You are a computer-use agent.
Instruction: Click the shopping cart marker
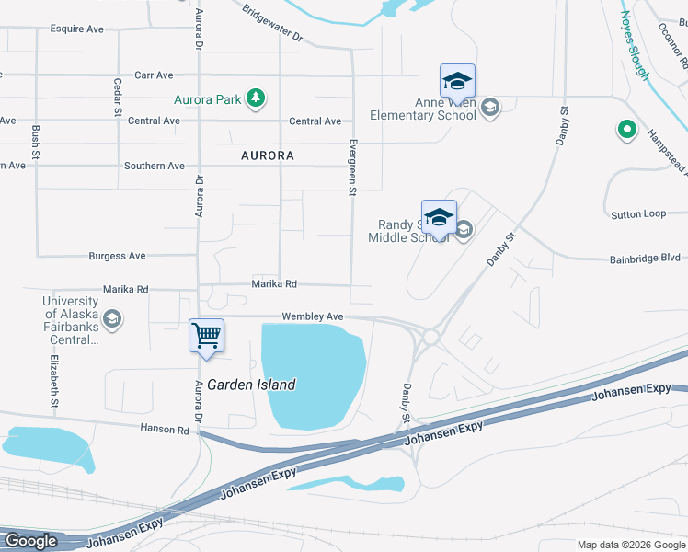(x=207, y=335)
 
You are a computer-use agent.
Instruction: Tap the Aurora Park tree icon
(x=257, y=98)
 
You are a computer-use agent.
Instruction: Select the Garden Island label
(x=251, y=385)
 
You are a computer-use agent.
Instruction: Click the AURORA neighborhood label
(x=268, y=155)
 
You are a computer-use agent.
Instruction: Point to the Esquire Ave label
(x=77, y=29)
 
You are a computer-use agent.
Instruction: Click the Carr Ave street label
(x=154, y=75)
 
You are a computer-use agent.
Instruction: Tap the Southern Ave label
(x=155, y=167)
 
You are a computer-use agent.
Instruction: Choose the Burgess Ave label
(x=117, y=256)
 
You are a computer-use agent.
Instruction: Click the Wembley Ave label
(x=313, y=316)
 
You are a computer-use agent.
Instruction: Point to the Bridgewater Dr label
(x=272, y=23)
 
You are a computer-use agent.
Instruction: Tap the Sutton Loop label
(x=638, y=214)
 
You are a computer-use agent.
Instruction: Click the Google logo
(x=30, y=541)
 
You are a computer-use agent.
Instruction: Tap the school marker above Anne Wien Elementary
(x=457, y=81)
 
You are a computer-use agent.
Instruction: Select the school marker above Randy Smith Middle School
(x=439, y=217)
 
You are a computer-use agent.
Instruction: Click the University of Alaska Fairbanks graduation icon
(x=112, y=319)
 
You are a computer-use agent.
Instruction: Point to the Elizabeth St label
(x=54, y=381)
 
